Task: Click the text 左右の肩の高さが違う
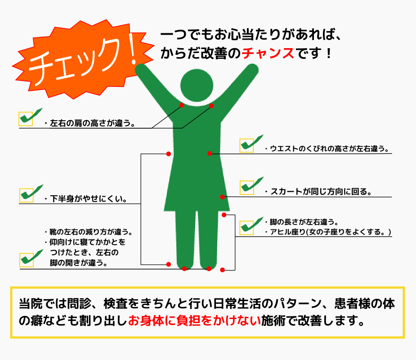pos(93,123)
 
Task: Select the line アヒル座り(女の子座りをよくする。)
pos(331,232)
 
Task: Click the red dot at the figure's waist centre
pos(210,153)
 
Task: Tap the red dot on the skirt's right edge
pos(222,197)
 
